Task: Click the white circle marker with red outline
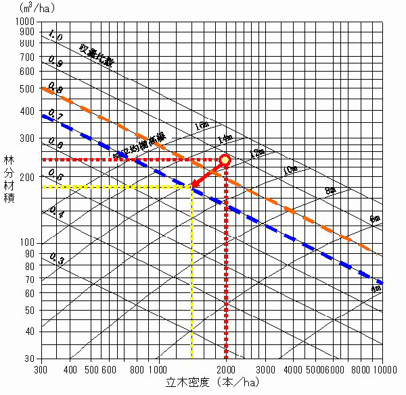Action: pyautogui.click(x=225, y=160)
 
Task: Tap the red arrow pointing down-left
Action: pyautogui.click(x=208, y=174)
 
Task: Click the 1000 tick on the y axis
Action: pyautogui.click(x=26, y=22)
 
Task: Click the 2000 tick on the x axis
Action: pyautogui.click(x=226, y=369)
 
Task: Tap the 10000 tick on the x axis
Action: pyautogui.click(x=383, y=369)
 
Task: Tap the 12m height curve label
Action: pyautogui.click(x=257, y=153)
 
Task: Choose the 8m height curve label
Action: pyautogui.click(x=330, y=190)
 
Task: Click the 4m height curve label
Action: pyautogui.click(x=377, y=288)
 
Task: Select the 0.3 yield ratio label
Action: pyautogui.click(x=57, y=260)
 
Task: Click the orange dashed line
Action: pyautogui.click(x=284, y=207)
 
